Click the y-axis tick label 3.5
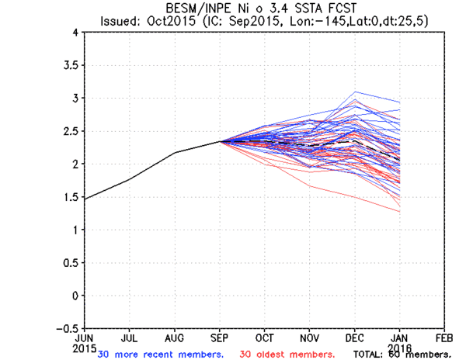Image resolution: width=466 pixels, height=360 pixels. pyautogui.click(x=70, y=65)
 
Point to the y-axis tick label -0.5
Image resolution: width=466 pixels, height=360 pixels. pyautogui.click(x=67, y=328)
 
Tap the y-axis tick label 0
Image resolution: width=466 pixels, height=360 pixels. pyautogui.click(x=75, y=296)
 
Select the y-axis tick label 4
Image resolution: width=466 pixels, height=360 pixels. pyautogui.click(x=75, y=33)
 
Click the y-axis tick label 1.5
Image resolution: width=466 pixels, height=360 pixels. pyautogui.click(x=70, y=197)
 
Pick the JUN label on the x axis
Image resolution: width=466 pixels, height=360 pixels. pyautogui.click(x=83, y=338)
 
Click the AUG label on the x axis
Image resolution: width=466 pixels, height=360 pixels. pyautogui.click(x=175, y=338)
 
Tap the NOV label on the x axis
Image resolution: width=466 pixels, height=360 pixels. pyautogui.click(x=310, y=338)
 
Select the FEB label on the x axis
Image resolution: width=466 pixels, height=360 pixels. pyautogui.click(x=445, y=338)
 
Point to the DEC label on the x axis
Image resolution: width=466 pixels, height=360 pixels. pyautogui.click(x=355, y=338)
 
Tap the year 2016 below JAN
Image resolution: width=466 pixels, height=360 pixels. pyautogui.click(x=401, y=347)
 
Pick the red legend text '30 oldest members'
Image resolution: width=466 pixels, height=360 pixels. pyautogui.click(x=288, y=355)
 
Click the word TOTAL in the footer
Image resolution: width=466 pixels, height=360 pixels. pyautogui.click(x=368, y=355)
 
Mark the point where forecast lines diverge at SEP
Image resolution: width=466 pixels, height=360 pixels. pyautogui.click(x=220, y=141)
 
